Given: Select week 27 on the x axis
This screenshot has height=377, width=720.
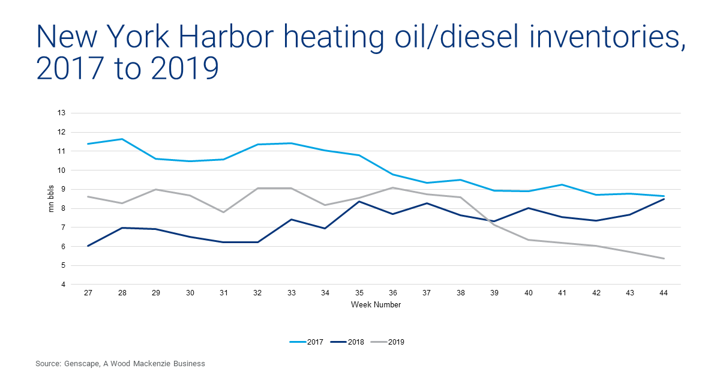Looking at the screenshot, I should [x=88, y=294].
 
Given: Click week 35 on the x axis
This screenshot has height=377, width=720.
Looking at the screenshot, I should [x=359, y=294].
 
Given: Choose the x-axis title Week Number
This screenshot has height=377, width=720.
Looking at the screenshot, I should [x=376, y=304].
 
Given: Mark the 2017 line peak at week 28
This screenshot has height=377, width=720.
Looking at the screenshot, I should [x=122, y=139].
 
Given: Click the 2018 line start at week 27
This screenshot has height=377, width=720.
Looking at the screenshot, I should [x=88, y=246].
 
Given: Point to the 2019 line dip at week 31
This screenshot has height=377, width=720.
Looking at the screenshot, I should [x=224, y=212].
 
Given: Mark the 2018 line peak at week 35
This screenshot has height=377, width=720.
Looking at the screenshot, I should [x=359, y=201].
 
